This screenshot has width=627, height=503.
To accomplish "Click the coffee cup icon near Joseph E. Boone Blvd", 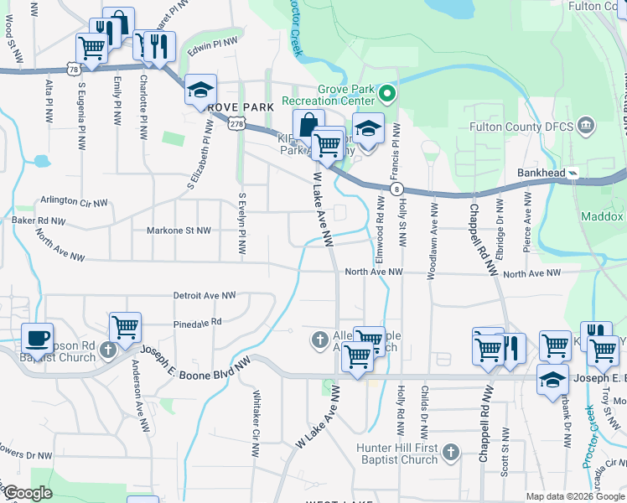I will click(36, 339).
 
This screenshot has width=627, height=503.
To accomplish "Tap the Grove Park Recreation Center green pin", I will click(386, 91).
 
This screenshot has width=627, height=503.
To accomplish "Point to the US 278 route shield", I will click(236, 124).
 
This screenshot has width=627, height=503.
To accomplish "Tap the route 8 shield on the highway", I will click(397, 189).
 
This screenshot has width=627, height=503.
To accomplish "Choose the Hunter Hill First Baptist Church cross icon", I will click(450, 453).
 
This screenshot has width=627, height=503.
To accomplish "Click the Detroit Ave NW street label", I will click(205, 295).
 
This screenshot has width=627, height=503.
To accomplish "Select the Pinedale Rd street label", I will click(198, 321).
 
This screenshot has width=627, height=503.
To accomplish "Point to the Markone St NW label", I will click(179, 229).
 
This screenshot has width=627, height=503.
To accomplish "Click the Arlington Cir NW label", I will click(75, 202).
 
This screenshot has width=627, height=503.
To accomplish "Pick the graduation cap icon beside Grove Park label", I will click(201, 91).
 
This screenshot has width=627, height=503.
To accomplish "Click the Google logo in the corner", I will click(28, 493).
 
